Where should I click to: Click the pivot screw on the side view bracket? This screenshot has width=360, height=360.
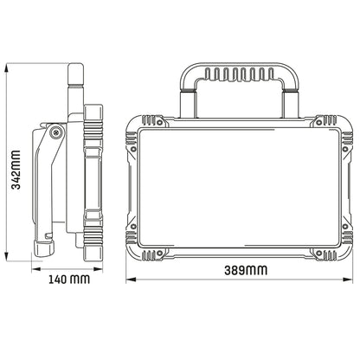click(56, 132)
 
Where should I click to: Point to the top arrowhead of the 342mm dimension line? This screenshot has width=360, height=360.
click(10, 66)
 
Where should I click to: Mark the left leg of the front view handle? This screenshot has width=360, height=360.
click(186, 97)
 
